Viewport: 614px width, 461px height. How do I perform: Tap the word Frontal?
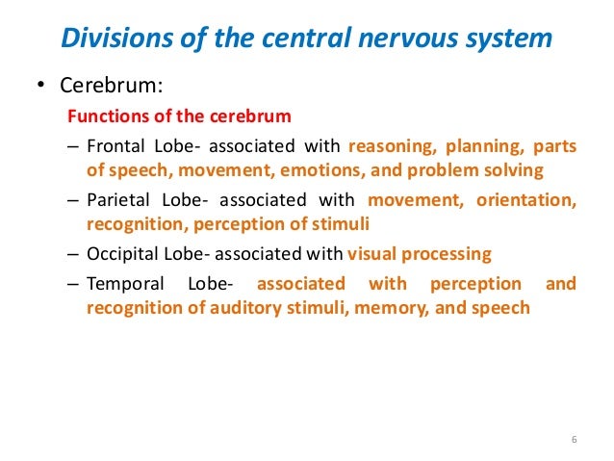click(112, 147)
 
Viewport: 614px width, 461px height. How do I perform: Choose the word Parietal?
click(114, 200)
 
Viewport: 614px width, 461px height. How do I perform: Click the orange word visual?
click(371, 254)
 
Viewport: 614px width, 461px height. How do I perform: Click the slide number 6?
click(574, 441)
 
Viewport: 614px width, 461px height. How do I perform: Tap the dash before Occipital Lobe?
click(74, 254)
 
